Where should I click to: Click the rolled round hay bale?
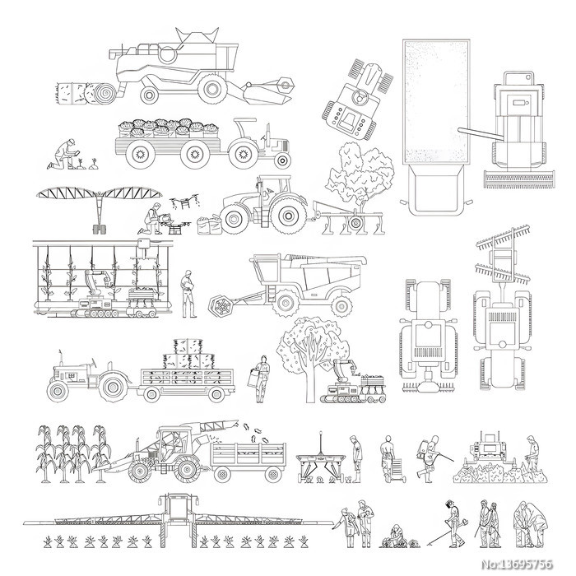pos(100,93)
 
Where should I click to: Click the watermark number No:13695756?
pos(517,564)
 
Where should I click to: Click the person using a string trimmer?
pos(452,523)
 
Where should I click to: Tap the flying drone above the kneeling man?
pos(185,201)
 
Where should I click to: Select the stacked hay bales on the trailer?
pos(188,354)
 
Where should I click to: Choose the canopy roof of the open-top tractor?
pos(245,120)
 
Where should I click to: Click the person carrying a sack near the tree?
pos(260,379)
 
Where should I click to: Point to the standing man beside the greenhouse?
pos(188,294)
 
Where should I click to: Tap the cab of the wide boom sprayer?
pos(179,508)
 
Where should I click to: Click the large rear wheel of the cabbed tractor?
pos(288,216)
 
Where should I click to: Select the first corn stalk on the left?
pos(45,453)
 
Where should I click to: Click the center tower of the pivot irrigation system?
pos(100,213)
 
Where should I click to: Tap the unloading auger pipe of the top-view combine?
pos(481,133)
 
